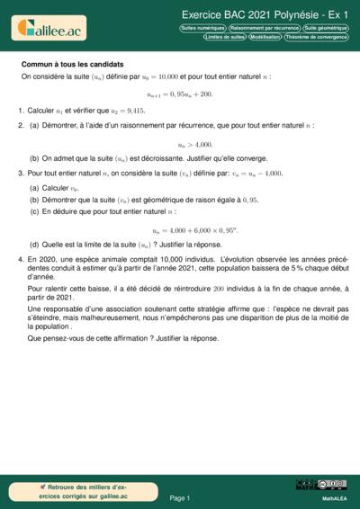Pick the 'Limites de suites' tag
click(x=224, y=38)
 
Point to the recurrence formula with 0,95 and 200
click(x=180, y=94)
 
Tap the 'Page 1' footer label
click(x=180, y=497)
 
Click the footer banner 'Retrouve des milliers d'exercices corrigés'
click(x=72, y=491)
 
